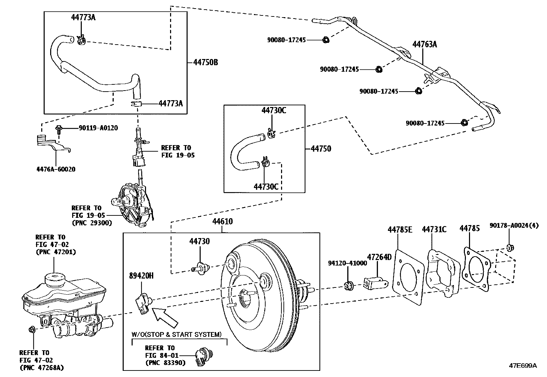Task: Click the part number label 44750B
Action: (x=205, y=62)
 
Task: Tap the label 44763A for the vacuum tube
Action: (x=425, y=44)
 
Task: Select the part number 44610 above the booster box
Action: (x=222, y=221)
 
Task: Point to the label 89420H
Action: (x=142, y=276)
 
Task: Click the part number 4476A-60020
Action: (x=56, y=169)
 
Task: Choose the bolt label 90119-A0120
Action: (x=98, y=128)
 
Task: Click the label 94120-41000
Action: (x=347, y=263)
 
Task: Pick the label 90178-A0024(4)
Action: (x=514, y=226)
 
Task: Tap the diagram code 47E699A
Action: (x=523, y=366)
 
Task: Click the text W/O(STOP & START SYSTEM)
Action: (x=177, y=334)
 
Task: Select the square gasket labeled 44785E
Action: (x=408, y=277)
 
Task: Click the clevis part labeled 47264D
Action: (x=376, y=284)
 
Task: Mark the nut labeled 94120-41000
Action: (x=349, y=285)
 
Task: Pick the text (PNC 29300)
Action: (x=92, y=223)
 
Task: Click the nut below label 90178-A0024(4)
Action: (x=510, y=248)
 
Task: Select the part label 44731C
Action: (x=434, y=229)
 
